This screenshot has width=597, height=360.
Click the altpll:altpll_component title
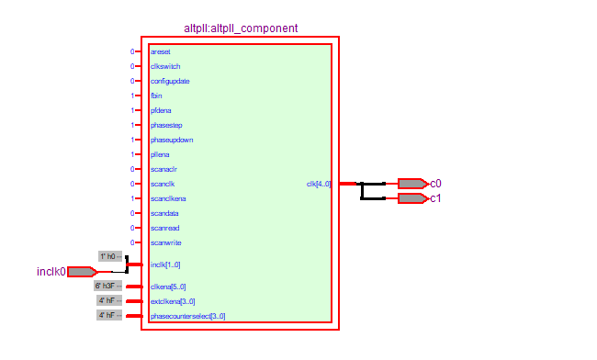(241, 29)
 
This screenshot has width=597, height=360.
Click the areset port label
(160, 51)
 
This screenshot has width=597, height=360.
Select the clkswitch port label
(165, 66)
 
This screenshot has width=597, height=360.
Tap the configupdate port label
(170, 81)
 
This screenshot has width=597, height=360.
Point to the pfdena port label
(161, 110)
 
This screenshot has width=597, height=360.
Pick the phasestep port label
(166, 125)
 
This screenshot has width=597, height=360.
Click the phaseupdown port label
(172, 140)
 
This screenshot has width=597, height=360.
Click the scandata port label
(165, 213)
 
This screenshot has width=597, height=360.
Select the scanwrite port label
(165, 242)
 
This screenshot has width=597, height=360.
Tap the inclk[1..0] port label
(166, 264)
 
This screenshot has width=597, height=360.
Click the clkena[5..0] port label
(168, 287)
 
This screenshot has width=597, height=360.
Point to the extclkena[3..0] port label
(173, 301)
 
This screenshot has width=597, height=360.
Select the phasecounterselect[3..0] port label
(187, 316)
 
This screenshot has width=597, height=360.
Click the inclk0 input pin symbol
(82, 272)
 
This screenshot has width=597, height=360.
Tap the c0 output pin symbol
(411, 184)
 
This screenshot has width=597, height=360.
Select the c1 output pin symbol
(411, 198)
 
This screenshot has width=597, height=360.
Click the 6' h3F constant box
(109, 286)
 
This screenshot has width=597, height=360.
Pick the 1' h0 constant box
(110, 256)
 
